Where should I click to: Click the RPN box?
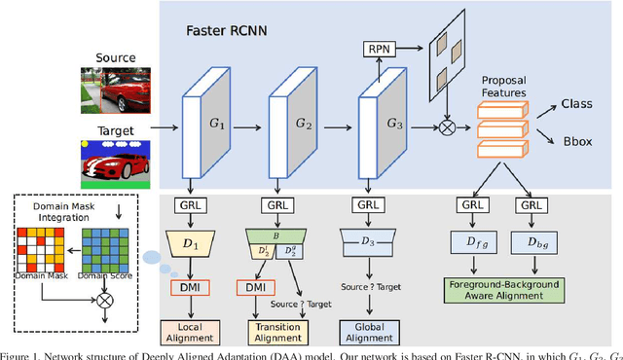378,47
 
